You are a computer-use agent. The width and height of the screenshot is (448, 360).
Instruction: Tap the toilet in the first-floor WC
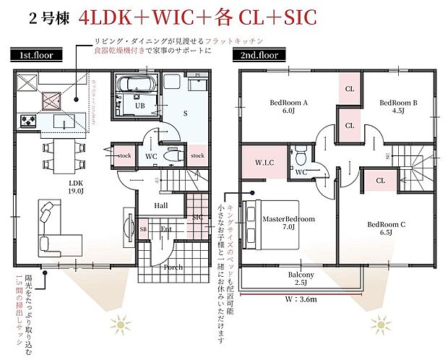click(x=172, y=154)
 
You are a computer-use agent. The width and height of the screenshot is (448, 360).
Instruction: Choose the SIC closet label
click(x=197, y=217)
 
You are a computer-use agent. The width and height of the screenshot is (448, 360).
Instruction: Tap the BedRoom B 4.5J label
click(x=398, y=107)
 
